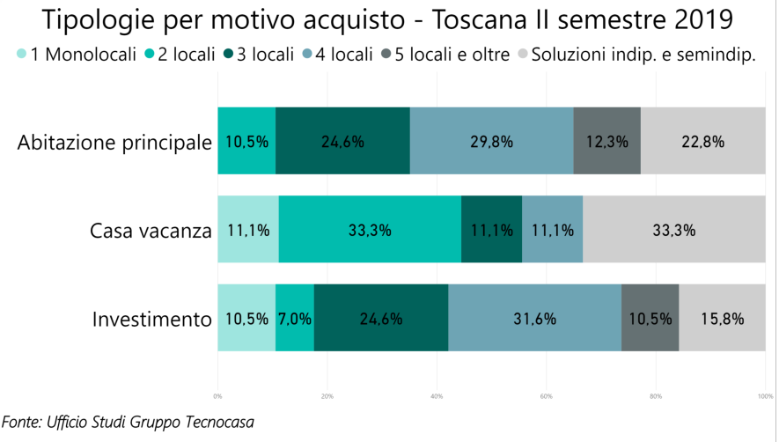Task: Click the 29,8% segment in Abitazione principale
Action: coord(491,141)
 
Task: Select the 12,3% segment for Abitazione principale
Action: coord(606,141)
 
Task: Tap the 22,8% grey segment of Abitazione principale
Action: coord(702,141)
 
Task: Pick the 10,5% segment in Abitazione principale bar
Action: coord(246,141)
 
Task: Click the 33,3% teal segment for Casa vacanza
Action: coord(370,230)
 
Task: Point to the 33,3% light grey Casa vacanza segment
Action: coord(673,230)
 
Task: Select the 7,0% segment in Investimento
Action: coord(295,319)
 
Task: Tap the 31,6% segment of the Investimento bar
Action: coord(534,319)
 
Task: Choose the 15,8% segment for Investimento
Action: coord(722,319)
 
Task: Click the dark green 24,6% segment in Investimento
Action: coord(381,319)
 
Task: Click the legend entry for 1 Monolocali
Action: coord(73,55)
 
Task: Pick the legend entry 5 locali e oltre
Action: coord(445,55)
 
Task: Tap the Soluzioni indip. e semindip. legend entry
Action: coord(636,55)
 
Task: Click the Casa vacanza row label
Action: coord(151,231)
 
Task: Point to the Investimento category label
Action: coord(151,319)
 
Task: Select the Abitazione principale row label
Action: coord(114,142)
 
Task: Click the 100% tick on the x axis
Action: coord(764,396)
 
